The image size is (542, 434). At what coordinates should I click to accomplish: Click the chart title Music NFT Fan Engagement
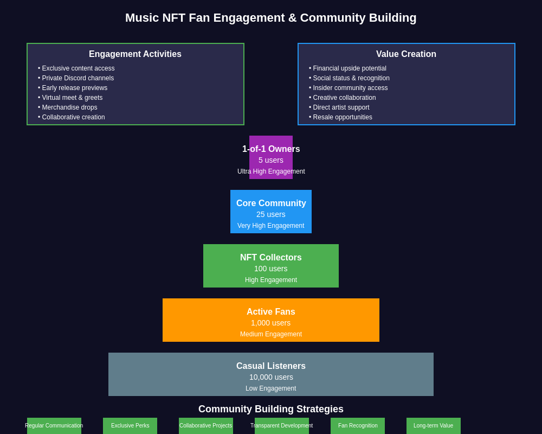[x=271, y=18]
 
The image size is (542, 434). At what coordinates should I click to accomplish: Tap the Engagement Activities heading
[x=135, y=54]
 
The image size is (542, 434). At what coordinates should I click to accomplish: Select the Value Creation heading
[x=406, y=54]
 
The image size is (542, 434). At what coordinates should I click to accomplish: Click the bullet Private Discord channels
[x=78, y=78]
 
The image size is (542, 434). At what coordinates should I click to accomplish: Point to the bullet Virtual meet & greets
[x=72, y=98]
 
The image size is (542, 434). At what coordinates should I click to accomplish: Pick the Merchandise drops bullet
[x=69, y=107]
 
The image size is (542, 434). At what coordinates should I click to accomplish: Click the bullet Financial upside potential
[x=350, y=68]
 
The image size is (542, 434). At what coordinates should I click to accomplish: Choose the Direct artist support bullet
[x=341, y=107]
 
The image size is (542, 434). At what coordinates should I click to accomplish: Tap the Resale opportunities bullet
[x=343, y=117]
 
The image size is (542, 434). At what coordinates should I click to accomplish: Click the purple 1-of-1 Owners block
[x=271, y=157]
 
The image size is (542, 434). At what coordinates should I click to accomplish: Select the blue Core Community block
[x=271, y=212]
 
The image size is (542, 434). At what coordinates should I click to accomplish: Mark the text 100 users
[x=271, y=269]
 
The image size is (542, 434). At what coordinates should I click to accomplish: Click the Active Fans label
[x=271, y=312]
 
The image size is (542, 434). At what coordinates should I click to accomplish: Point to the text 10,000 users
[x=271, y=377]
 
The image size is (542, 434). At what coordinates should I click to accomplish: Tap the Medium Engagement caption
[x=271, y=334]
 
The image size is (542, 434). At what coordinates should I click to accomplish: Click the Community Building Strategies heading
[x=271, y=409]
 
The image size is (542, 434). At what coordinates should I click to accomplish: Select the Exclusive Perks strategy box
[x=130, y=426]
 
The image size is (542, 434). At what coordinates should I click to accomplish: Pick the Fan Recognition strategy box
[x=358, y=426]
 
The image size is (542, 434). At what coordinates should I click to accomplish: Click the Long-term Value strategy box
[x=434, y=426]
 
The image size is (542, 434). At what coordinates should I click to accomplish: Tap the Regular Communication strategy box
[x=54, y=426]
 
